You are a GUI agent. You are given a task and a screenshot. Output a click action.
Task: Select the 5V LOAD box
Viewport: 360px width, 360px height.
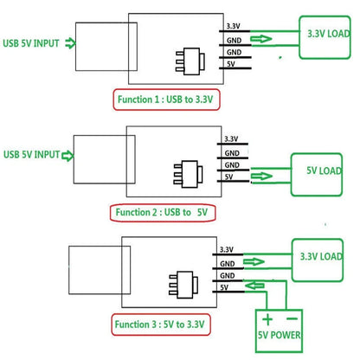click(x=316, y=170)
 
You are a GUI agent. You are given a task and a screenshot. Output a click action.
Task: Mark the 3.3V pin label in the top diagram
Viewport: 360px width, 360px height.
click(x=233, y=26)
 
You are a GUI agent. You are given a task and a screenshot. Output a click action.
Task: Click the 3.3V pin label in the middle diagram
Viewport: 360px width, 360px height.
click(x=231, y=138)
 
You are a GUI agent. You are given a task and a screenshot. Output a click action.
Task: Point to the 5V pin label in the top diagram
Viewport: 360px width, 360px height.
click(x=231, y=63)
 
